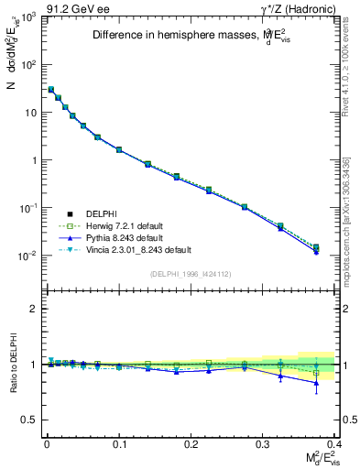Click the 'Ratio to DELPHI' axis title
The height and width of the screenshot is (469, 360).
(x=12, y=364)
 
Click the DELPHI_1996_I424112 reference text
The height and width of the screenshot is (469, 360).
(x=191, y=274)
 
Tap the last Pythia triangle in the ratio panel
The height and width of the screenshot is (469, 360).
(x=316, y=383)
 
